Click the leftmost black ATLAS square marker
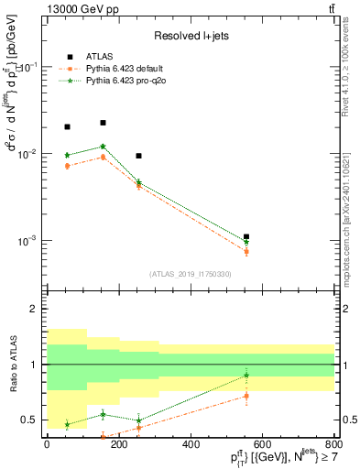coord(67,127)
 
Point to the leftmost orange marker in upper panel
coord(67,166)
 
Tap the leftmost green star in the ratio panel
coord(67,424)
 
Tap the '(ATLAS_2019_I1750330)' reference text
coord(191,274)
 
